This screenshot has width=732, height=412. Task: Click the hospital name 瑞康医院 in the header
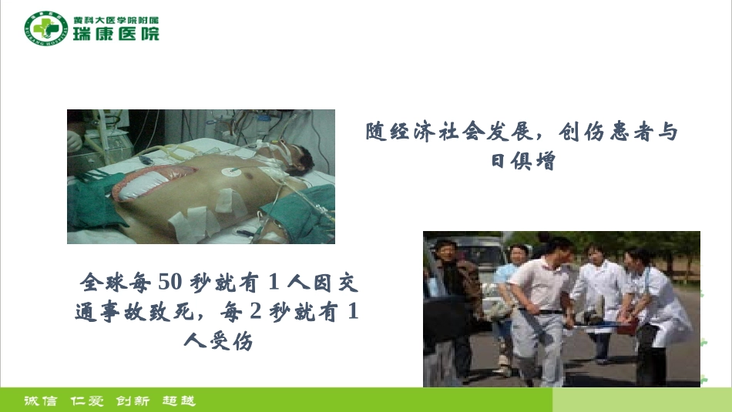click(x=116, y=34)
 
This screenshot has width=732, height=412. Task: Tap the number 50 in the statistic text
click(x=169, y=283)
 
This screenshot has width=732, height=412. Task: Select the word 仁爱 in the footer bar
click(x=86, y=400)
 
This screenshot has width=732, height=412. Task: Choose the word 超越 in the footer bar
click(x=179, y=400)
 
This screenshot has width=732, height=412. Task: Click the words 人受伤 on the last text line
click(x=219, y=340)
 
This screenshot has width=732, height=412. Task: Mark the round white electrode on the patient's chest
click(x=230, y=175)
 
